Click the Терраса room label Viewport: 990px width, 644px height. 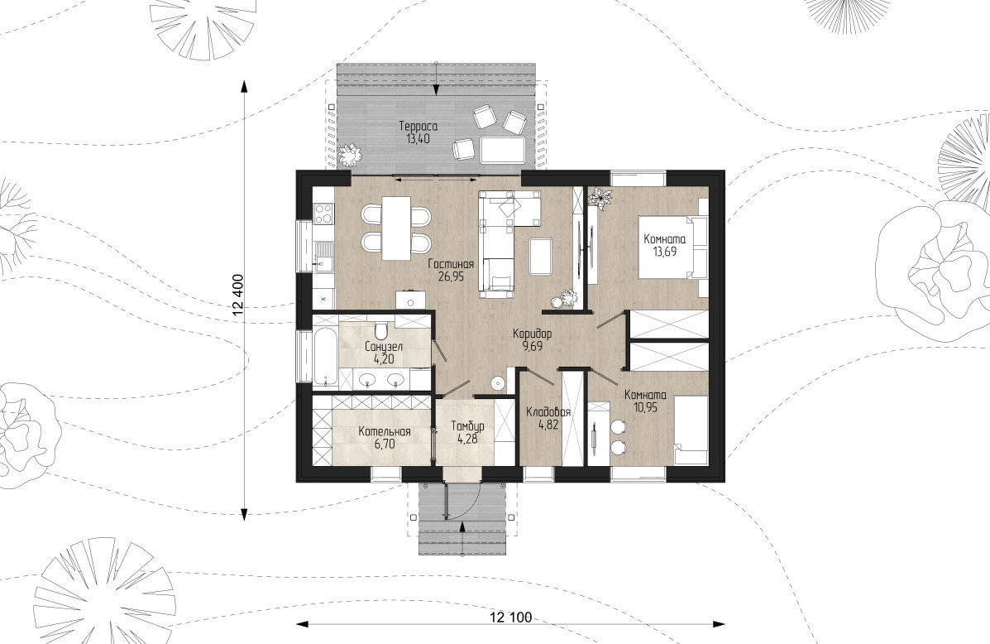point(418,127)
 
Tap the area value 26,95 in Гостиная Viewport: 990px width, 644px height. point(451,276)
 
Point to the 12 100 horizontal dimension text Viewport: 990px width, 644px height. point(510,617)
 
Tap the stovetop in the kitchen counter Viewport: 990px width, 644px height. point(323,213)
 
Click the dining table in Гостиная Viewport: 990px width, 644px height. point(396,228)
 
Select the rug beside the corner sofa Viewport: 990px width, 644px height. point(540,256)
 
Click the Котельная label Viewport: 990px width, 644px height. point(385,431)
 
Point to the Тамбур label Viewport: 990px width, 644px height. point(467,426)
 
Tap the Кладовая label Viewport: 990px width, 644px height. point(548,413)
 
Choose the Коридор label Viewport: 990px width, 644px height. point(533,334)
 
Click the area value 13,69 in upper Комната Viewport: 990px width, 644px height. point(664,251)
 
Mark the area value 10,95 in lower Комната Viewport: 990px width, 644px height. point(645,407)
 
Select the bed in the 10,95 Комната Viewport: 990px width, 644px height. point(691,430)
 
